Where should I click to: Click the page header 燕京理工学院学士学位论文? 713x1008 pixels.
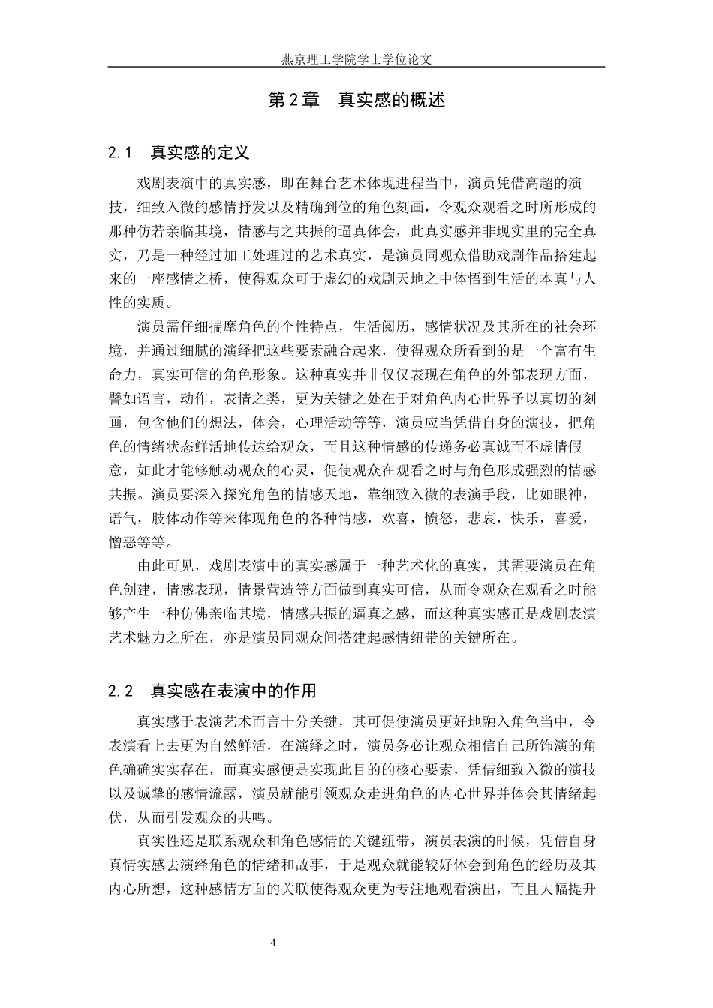[x=356, y=57]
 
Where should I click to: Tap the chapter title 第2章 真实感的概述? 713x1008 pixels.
[x=356, y=100]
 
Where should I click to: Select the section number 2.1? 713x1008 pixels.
[x=120, y=153]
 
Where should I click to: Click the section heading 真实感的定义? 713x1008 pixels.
[x=200, y=153]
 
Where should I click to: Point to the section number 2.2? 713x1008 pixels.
[x=120, y=691]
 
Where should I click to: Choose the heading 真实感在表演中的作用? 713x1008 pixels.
[x=233, y=691]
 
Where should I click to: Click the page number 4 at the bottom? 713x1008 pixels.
[x=273, y=943]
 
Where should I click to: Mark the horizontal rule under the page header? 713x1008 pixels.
[x=356, y=67]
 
